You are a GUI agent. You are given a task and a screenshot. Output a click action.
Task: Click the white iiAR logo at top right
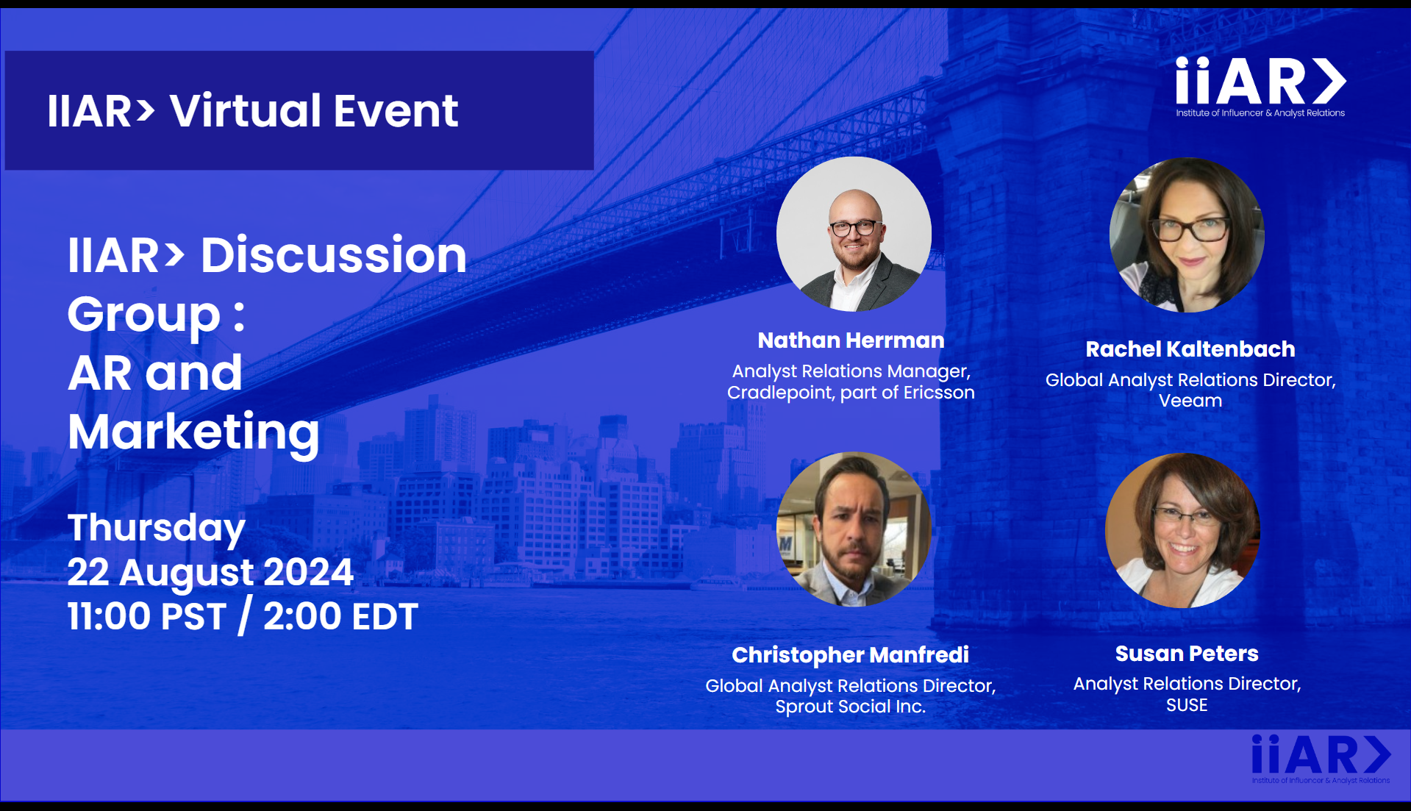tap(1260, 87)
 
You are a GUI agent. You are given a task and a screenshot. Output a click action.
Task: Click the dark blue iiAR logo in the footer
tap(1321, 759)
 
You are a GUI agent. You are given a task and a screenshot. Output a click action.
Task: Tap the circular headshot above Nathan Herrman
tap(854, 234)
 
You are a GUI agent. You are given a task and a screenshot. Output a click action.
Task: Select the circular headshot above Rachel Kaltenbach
tap(1187, 235)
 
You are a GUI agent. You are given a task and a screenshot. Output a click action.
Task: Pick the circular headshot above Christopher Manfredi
tap(854, 529)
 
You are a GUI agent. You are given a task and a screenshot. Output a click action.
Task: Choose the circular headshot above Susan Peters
tap(1182, 530)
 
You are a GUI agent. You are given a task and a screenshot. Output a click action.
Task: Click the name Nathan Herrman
tap(851, 340)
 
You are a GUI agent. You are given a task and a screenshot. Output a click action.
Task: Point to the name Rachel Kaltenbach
tap(1190, 349)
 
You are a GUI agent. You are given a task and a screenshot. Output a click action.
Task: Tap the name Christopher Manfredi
tap(850, 655)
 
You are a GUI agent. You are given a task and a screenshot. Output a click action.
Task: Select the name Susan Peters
tap(1187, 654)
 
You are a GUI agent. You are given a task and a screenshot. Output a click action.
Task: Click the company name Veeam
tap(1190, 401)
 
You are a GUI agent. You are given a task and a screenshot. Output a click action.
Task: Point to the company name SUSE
tap(1187, 705)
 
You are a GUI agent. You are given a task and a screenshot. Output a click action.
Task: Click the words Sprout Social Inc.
tap(851, 707)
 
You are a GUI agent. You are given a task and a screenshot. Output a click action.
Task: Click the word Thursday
tap(157, 529)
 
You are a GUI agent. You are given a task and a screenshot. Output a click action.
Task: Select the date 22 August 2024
tap(210, 572)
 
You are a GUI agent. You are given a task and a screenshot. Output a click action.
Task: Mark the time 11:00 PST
tap(147, 616)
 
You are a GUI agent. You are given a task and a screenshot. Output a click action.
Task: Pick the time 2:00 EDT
tap(340, 616)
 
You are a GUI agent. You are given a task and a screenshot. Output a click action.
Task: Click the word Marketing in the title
tap(193, 432)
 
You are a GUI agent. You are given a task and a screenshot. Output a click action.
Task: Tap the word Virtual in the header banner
tap(246, 111)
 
